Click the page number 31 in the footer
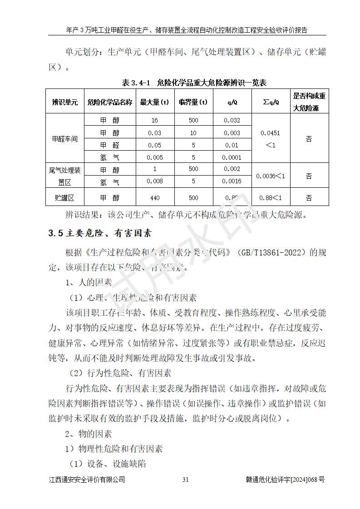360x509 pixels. point(185,480)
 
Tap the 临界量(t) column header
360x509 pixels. point(193,102)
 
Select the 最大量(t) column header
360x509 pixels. point(154,102)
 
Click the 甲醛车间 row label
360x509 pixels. point(65,139)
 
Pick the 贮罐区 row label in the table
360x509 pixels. point(65,198)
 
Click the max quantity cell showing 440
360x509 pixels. point(154,198)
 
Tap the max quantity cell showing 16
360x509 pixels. point(154,120)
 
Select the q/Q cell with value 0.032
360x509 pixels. point(232,120)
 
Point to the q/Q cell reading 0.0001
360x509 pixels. point(232,158)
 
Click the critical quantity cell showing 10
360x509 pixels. point(193,133)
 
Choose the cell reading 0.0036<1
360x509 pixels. point(271,176)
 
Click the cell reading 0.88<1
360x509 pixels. point(271,198)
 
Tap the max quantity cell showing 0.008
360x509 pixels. point(154,182)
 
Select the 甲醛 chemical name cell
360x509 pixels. point(110,145)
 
